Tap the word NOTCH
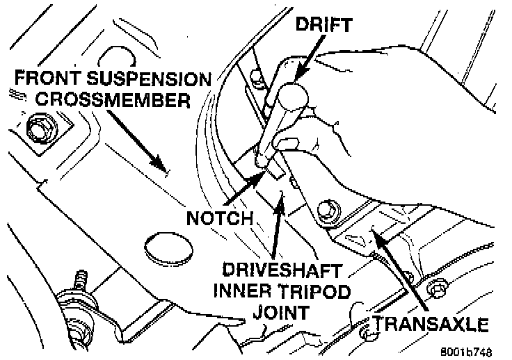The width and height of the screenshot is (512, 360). click(221, 218)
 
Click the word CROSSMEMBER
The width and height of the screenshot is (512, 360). click(113, 99)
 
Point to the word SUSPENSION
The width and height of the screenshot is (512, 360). click(148, 78)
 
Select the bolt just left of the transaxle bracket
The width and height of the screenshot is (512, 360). click(328, 210)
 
